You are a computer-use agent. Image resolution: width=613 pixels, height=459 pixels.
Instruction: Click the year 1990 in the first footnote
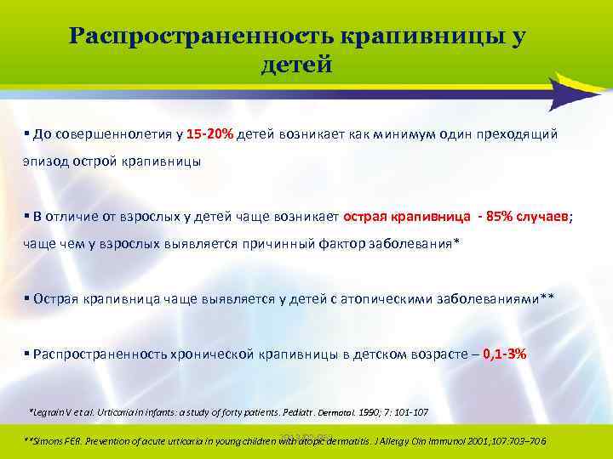pos(369,412)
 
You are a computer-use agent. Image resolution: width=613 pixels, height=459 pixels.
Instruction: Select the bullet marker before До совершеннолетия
pos(27,133)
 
